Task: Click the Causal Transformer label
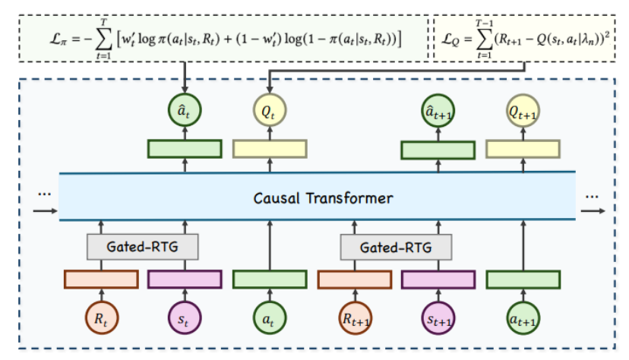323,198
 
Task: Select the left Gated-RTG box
142,247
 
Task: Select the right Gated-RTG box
396,248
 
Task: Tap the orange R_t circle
102,318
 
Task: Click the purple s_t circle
185,318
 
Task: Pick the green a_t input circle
270,318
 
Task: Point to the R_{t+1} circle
355,318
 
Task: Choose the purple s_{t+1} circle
438,318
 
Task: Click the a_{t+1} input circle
523,318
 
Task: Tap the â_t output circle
185,110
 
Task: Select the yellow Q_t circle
270,110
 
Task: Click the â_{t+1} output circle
438,111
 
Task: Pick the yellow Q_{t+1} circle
523,111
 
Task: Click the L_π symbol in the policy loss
58,39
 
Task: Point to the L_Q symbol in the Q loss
450,39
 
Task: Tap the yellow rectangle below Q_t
270,149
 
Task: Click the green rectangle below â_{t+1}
438,150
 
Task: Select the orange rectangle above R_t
102,279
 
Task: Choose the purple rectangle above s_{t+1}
438,279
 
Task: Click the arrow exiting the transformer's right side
593,211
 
